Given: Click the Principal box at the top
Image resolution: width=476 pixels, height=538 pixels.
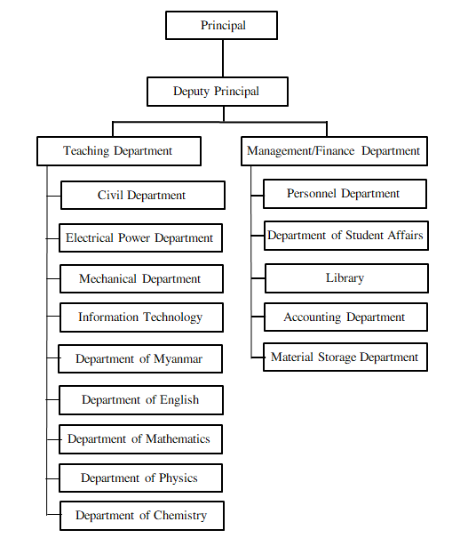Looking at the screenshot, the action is tap(221, 25).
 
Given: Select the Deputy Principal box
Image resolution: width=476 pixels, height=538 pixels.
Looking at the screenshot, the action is tap(218, 92).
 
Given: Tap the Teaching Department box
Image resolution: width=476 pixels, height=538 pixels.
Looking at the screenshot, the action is tap(119, 151).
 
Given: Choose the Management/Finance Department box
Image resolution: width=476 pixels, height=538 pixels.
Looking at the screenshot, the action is tap(334, 151).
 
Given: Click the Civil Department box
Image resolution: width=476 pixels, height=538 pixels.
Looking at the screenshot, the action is tap(143, 196).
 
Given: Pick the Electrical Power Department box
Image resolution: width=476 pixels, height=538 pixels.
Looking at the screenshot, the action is tap(140, 238).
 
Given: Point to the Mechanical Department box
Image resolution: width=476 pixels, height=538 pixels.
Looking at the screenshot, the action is tap(141, 278).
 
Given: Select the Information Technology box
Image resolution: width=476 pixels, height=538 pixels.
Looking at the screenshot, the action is tap(141, 317).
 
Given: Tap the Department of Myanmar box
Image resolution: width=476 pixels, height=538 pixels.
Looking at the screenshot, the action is tap(140, 359).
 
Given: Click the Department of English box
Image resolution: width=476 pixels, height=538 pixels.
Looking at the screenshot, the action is tap(141, 400).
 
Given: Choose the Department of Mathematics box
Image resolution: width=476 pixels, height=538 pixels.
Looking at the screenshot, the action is tap(140, 439).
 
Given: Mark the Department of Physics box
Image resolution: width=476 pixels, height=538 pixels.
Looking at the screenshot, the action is tap(140, 478).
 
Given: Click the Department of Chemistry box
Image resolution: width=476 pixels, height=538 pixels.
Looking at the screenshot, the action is tap(142, 516).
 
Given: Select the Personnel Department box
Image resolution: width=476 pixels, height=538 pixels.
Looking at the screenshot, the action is tap(345, 194).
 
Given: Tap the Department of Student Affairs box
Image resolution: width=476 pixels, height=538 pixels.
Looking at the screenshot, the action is tap(346, 236).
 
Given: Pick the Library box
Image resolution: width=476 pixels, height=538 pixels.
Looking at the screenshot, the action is tap(346, 278).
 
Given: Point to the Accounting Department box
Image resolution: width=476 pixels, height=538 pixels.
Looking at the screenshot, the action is tap(345, 317).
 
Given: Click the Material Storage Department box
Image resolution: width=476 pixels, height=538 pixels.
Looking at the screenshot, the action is tap(345, 357).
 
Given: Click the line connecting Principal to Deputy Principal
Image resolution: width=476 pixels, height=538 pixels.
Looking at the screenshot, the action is tap(223, 59).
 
